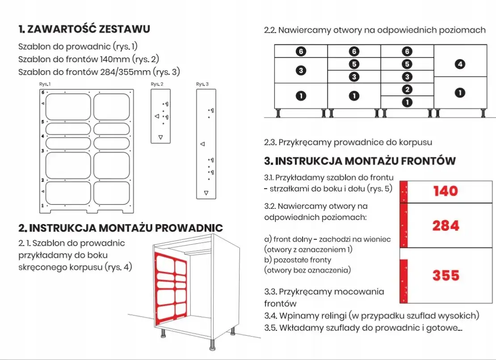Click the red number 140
pyautogui.click(x=446, y=191)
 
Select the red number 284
pyautogui.click(x=446, y=226)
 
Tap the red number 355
pyautogui.click(x=446, y=275)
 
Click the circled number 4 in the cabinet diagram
pyautogui.click(x=460, y=64)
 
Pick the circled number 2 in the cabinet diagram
pyautogui.click(x=407, y=89)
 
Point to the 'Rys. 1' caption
pyautogui.click(x=45, y=84)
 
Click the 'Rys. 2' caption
pyautogui.click(x=157, y=84)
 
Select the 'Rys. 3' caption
pyautogui.click(x=203, y=84)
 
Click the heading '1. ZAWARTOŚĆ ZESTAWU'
pyautogui.click(x=84, y=30)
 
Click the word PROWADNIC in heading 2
pyautogui.click(x=189, y=228)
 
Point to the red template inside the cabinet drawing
pyautogui.click(x=170, y=286)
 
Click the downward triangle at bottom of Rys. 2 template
pyautogui.click(x=161, y=136)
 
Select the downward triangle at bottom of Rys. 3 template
pyautogui.click(x=206, y=193)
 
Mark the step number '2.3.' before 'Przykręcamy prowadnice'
pyautogui.click(x=270, y=142)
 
